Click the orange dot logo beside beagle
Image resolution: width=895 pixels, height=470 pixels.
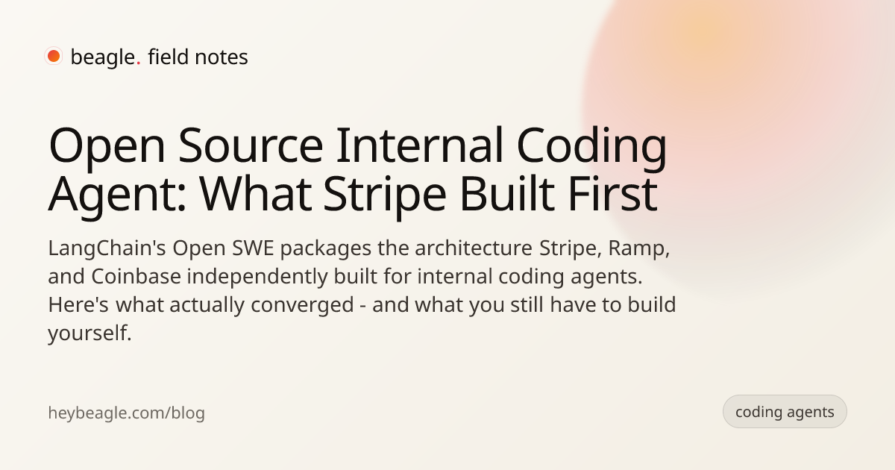[x=54, y=56]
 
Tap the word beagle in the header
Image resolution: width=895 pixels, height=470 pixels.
[x=103, y=57]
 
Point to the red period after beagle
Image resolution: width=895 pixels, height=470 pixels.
[x=138, y=63]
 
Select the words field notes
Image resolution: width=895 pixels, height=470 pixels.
[x=198, y=57]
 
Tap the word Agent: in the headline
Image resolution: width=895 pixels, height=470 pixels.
[x=117, y=195]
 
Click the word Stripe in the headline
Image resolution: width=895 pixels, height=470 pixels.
[x=384, y=195]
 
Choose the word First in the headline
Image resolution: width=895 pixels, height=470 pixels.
[x=612, y=193]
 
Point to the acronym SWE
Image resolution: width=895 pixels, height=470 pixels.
[x=253, y=248]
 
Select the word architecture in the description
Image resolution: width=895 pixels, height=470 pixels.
[x=474, y=248]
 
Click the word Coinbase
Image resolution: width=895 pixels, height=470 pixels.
[x=136, y=276]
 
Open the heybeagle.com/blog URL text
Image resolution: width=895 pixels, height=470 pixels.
[x=126, y=413]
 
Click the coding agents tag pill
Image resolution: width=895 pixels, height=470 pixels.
[x=785, y=412]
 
